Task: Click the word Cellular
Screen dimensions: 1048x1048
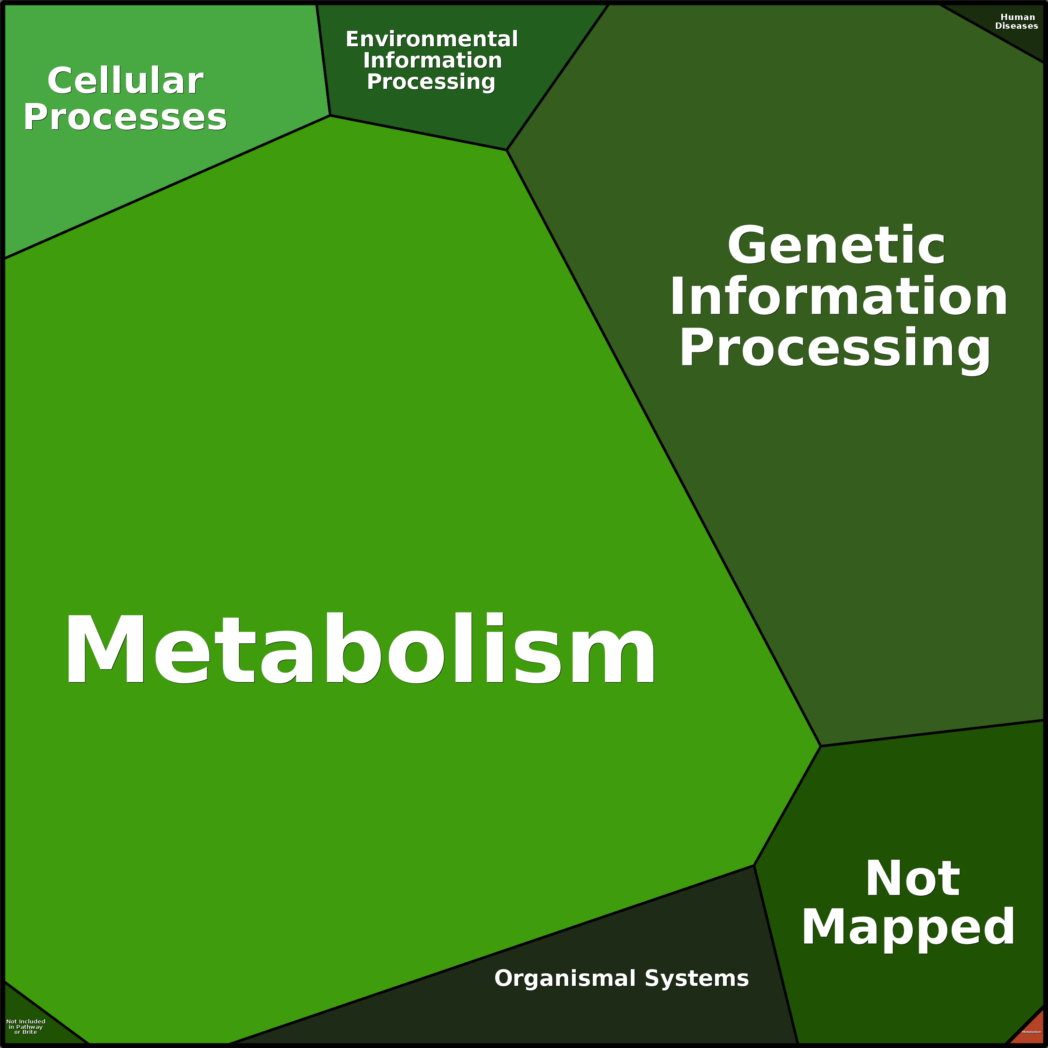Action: (125, 81)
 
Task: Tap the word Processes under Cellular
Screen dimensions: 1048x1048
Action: (125, 117)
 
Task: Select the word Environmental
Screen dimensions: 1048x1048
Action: (432, 39)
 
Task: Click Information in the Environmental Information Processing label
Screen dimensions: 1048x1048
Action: (432, 60)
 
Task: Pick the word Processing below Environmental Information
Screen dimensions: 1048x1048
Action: (431, 81)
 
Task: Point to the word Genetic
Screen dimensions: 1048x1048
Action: (836, 246)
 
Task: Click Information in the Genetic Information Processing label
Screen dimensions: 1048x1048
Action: (839, 297)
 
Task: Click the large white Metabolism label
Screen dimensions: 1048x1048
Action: (361, 649)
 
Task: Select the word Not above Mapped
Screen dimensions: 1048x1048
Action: (912, 878)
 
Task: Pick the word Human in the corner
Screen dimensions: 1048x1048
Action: (1018, 18)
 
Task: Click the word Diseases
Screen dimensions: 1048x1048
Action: (1017, 26)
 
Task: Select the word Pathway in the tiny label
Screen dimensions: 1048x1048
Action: (29, 1027)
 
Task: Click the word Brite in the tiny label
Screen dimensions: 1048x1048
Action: (30, 1032)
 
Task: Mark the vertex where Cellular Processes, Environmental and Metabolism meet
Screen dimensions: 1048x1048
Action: (330, 116)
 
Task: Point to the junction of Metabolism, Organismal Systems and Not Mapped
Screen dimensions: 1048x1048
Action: (754, 866)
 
